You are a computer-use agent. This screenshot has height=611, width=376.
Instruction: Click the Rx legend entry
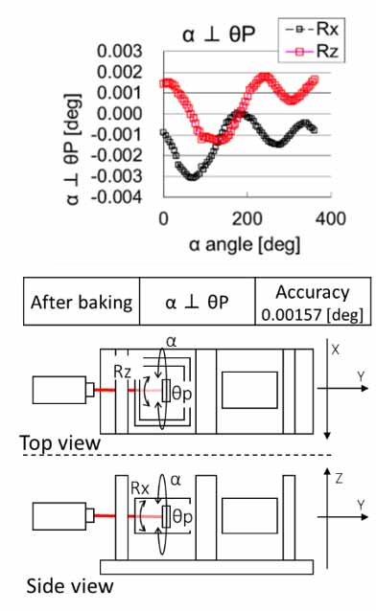coord(312,30)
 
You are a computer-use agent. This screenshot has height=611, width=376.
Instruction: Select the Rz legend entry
coord(312,51)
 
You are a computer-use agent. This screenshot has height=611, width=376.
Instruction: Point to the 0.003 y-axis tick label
coord(120,51)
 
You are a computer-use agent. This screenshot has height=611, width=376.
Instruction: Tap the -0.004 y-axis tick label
coord(117,197)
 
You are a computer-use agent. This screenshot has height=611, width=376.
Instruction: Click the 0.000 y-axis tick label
coord(120,114)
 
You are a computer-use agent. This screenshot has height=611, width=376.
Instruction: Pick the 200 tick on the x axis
coord(247,218)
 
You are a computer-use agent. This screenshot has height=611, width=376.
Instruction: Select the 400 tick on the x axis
coord(331,218)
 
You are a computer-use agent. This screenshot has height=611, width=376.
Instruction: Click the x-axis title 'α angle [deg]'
coord(245,245)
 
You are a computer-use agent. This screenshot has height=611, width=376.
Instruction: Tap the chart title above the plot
coord(219,34)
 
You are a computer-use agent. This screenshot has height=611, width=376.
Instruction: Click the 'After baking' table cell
coord(82,302)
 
